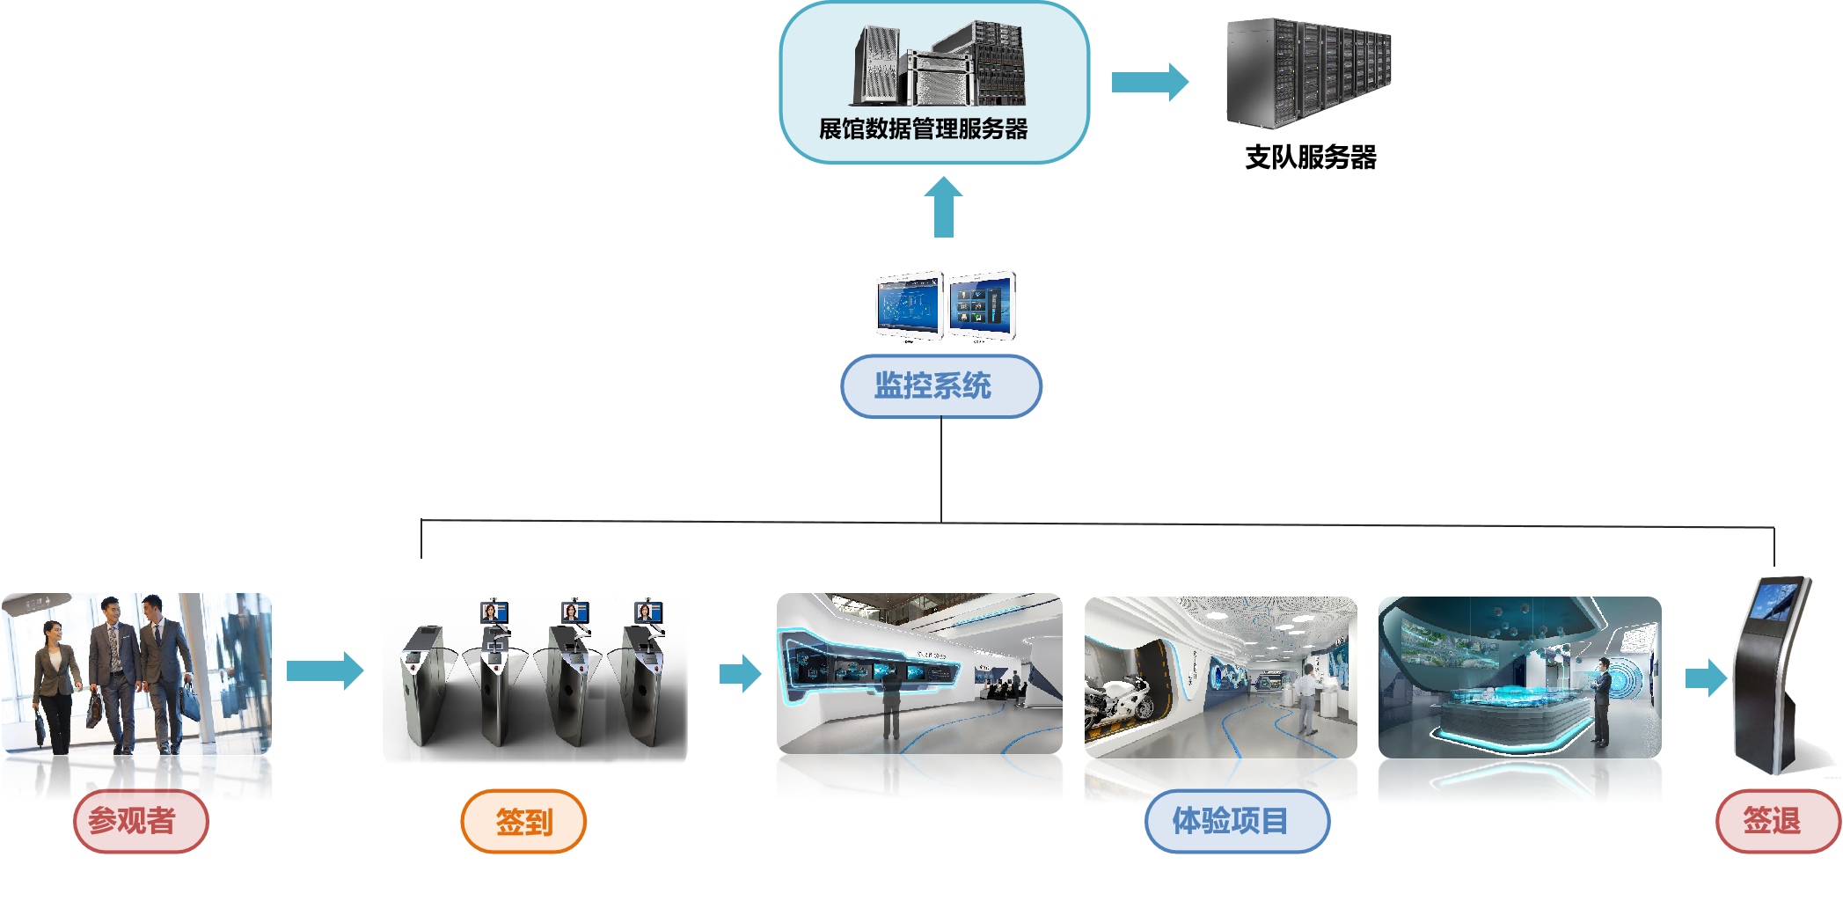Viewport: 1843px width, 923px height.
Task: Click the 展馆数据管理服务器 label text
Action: tap(923, 129)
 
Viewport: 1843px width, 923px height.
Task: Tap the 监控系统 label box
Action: tap(940, 385)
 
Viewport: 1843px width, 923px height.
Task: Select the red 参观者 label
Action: tap(140, 821)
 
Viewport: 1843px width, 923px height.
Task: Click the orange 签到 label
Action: tap(523, 822)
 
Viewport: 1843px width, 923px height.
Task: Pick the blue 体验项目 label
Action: tap(1236, 821)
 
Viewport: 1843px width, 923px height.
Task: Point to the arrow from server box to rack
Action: tap(1149, 82)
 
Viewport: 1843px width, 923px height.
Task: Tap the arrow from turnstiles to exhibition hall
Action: tap(740, 674)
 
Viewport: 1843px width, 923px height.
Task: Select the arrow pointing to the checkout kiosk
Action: tap(1706, 678)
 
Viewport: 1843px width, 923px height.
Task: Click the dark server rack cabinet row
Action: tap(1308, 73)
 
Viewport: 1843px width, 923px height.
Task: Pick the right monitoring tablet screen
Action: tap(982, 304)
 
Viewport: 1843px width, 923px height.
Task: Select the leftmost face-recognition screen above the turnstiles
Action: tap(494, 612)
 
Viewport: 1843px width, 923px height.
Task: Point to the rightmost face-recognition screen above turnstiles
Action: tap(648, 612)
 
